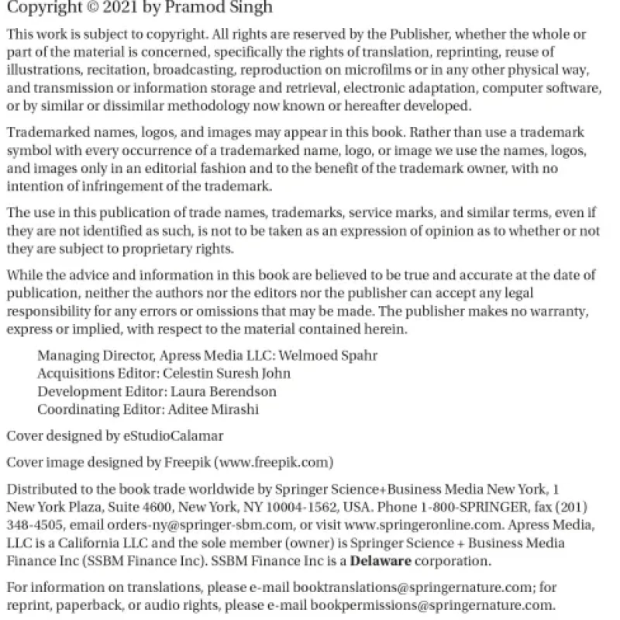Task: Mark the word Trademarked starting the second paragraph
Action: pyautogui.click(x=49, y=133)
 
